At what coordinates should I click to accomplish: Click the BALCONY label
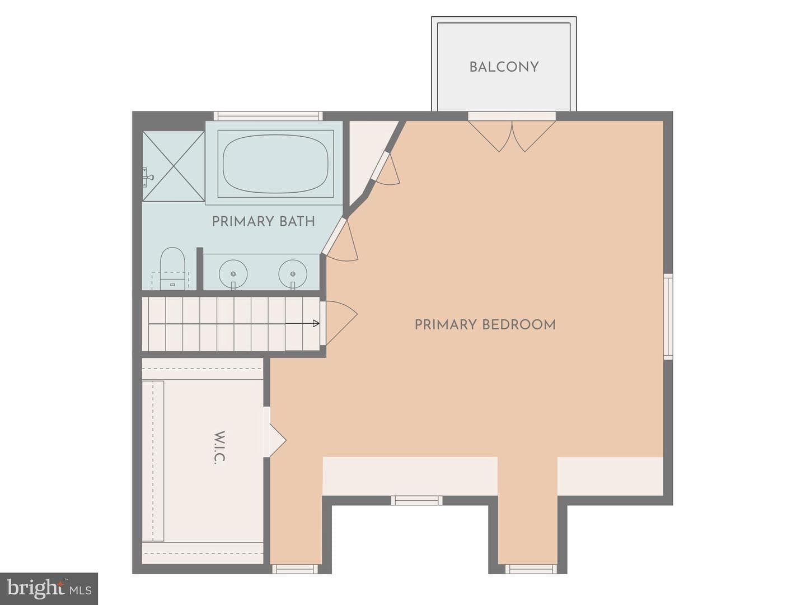point(504,67)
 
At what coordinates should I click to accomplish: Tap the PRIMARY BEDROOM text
point(485,325)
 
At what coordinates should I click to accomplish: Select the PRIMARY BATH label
point(263,221)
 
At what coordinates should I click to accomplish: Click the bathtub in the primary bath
point(275,164)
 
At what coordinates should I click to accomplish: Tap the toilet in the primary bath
point(172,268)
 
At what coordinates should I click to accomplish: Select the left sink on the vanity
point(233,274)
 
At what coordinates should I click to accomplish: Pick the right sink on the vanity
point(293,274)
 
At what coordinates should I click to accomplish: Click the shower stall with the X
point(174,166)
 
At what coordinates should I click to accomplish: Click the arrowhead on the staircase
point(316,323)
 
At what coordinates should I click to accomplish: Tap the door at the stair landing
point(339,323)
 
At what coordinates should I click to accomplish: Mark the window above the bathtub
point(268,116)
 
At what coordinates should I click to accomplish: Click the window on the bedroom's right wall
point(668,317)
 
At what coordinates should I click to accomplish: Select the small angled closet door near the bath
point(386,168)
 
